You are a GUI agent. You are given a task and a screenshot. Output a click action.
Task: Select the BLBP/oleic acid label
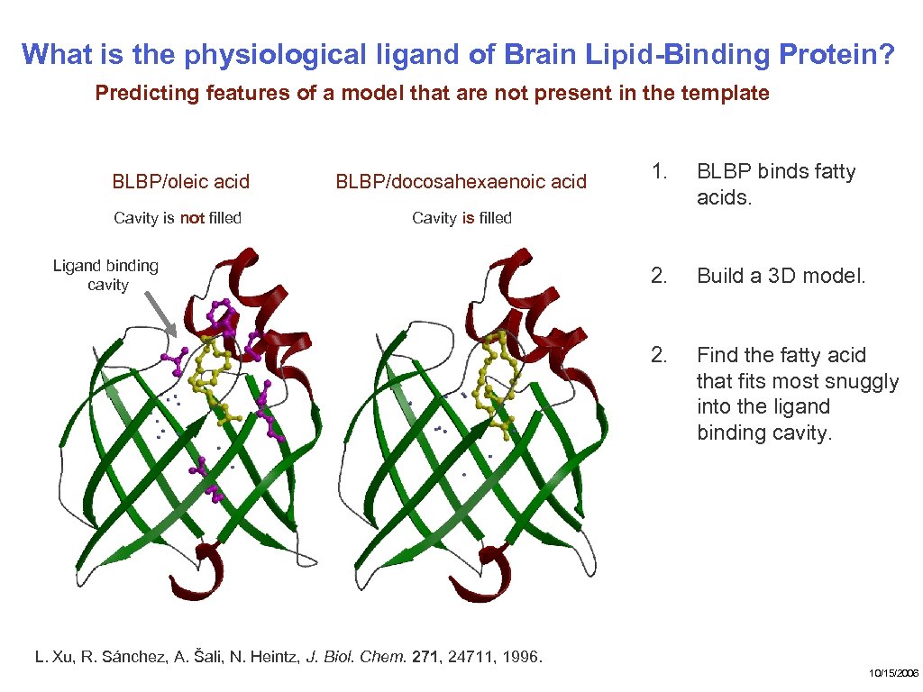180,182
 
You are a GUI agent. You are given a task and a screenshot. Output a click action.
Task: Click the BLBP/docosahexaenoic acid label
461,182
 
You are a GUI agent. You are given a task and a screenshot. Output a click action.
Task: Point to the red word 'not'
192,218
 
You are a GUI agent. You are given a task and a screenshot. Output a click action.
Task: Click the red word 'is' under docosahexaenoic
468,218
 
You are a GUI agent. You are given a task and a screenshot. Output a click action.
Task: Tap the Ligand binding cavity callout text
106,275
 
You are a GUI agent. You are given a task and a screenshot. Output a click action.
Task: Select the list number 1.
660,171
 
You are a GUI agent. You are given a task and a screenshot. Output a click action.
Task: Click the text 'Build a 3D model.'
781,276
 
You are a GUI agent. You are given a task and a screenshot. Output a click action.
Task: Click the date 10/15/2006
893,673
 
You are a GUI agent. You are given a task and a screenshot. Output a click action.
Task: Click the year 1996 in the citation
520,656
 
